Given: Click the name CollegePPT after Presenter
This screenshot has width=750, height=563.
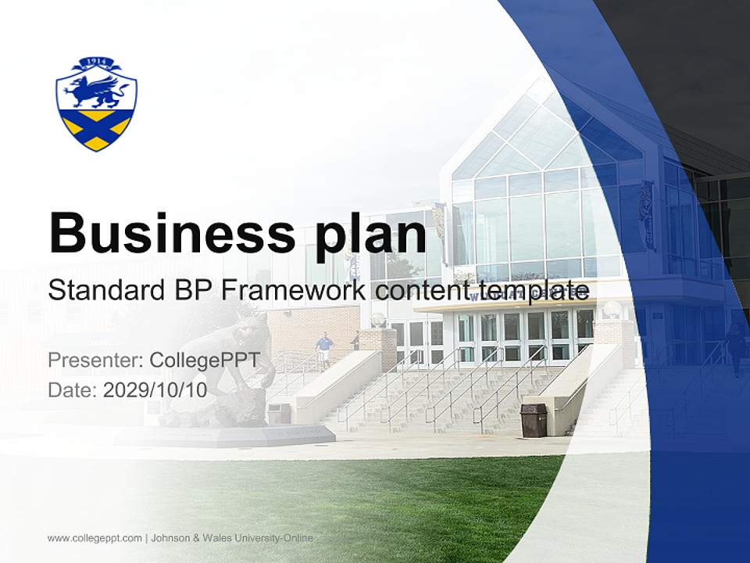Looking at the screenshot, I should (x=210, y=360).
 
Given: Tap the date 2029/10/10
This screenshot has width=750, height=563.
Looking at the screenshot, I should (x=155, y=390).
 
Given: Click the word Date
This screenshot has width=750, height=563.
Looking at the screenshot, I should (x=70, y=390).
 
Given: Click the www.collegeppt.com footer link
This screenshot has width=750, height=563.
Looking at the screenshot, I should (x=95, y=538).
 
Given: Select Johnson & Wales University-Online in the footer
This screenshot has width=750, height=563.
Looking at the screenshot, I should (x=232, y=538).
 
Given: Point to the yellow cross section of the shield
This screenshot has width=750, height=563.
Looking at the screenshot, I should (x=96, y=129).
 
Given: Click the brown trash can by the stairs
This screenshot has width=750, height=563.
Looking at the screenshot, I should (x=533, y=421).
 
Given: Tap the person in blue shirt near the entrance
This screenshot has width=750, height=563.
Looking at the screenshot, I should (x=323, y=348).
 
